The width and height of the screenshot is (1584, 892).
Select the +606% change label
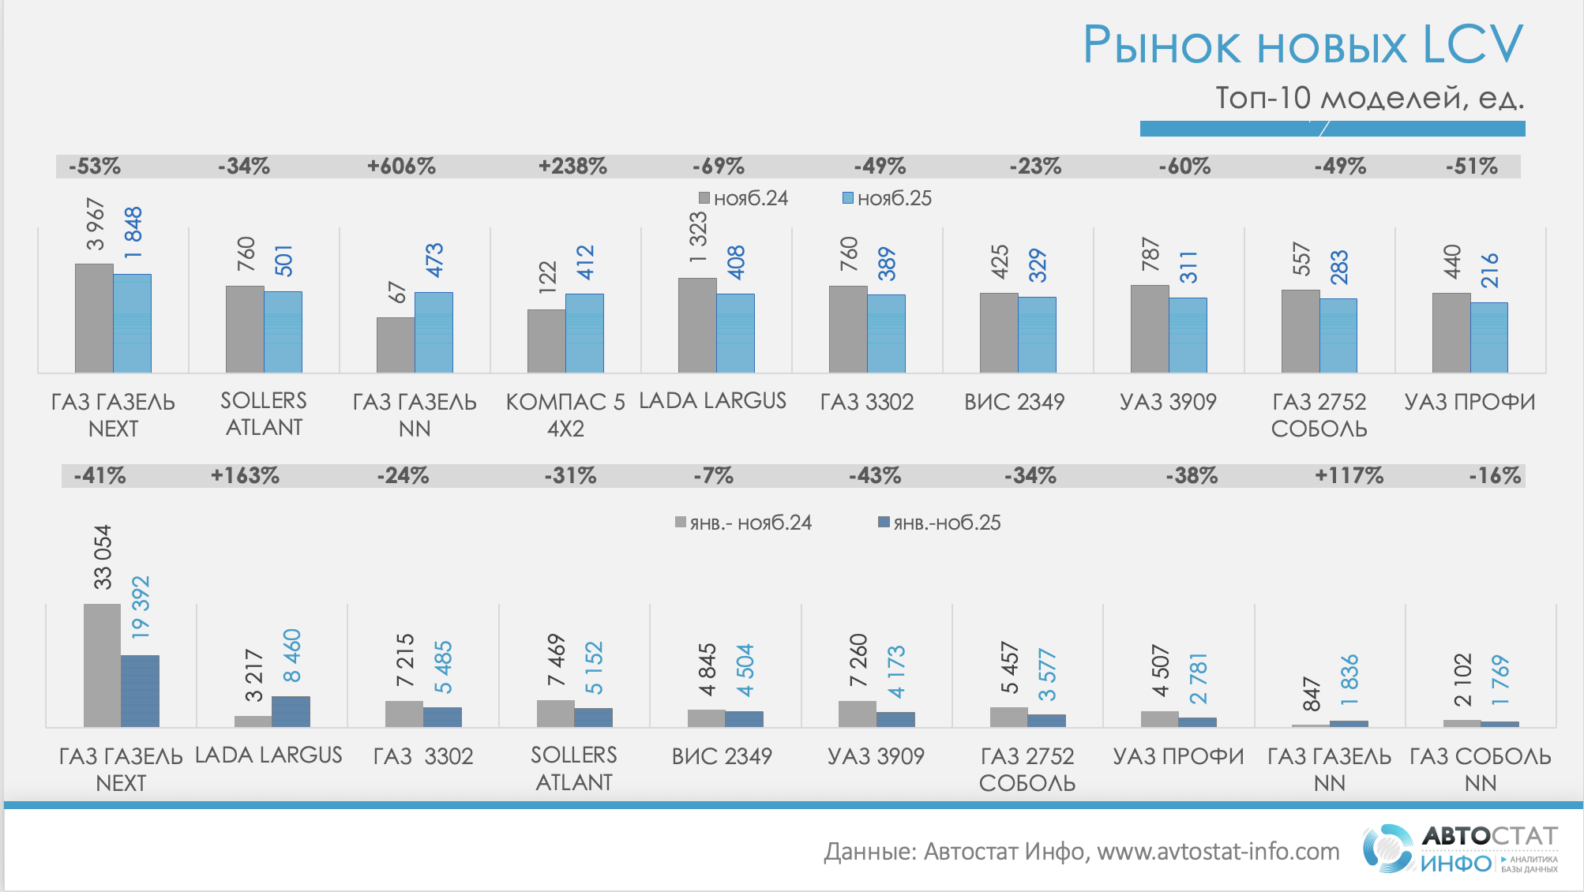click(401, 167)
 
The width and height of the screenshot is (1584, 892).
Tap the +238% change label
click(572, 167)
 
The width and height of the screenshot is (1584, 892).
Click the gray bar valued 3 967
click(94, 317)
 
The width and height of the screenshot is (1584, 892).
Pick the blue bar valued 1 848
click(132, 323)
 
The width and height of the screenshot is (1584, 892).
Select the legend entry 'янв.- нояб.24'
click(743, 523)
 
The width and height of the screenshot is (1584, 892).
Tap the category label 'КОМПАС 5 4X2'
click(565, 415)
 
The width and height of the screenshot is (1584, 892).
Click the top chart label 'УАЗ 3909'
click(1168, 402)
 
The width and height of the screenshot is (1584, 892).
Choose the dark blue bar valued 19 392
click(140, 691)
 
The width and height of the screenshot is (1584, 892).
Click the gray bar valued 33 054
click(102, 665)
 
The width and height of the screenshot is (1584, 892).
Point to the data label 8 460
click(291, 655)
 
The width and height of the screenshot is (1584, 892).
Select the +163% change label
click(245, 476)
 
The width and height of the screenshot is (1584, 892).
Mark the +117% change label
click(1349, 476)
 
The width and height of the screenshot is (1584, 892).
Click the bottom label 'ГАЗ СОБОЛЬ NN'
click(1481, 770)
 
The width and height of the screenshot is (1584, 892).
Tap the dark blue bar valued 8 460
click(291, 711)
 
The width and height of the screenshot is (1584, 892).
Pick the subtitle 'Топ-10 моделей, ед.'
click(1369, 98)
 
